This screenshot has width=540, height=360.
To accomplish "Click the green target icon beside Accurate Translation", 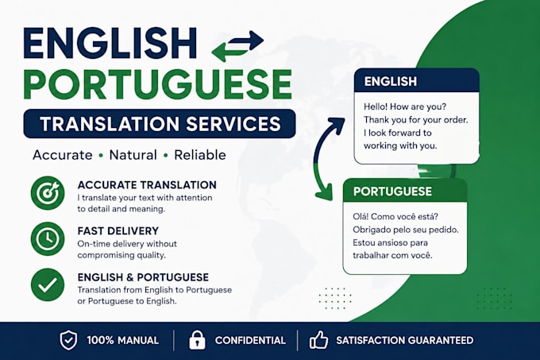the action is point(48,193).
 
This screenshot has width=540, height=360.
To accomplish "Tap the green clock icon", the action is point(48,239).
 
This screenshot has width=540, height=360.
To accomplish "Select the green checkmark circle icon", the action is point(48,285).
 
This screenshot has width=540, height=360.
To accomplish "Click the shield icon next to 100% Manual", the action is point(68,340).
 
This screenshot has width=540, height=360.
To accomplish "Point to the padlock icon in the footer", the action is point(197,340).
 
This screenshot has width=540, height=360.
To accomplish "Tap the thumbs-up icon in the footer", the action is point(318,340).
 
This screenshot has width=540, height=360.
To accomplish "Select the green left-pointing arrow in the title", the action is point(230,52).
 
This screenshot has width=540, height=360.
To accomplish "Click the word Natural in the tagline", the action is point(133,155).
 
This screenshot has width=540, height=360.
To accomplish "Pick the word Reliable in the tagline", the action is point(200,155).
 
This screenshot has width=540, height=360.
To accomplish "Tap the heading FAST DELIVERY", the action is point(118,230).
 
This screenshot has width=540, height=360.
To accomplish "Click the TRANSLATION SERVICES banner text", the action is point(160,124).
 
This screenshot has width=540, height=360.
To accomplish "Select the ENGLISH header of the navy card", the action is point(391,81).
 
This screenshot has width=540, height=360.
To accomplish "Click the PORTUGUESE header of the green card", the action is point(392,192).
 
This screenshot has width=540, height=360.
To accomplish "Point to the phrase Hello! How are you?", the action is point(405,106).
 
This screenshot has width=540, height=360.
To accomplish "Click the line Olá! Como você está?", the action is point(395,217).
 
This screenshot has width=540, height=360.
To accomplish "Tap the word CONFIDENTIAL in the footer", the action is point(250,340).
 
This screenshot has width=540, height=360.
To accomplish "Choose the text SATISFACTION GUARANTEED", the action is point(405,340).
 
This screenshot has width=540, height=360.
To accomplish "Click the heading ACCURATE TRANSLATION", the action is point(147,185).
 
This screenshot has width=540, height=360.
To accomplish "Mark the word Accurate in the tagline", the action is point(62,155).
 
